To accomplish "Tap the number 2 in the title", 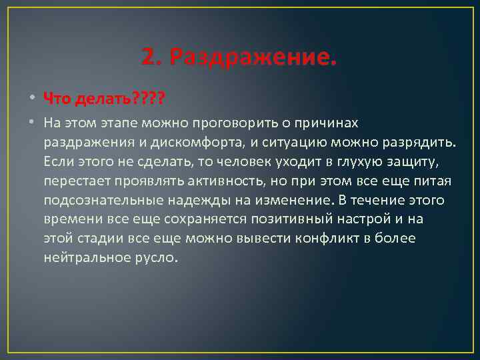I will pyautogui.click(x=148, y=58).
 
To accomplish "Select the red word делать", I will pyautogui.click(x=100, y=99).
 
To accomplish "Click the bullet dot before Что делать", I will pyautogui.click(x=31, y=99).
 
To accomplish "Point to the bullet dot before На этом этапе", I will pyautogui.click(x=31, y=123).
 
